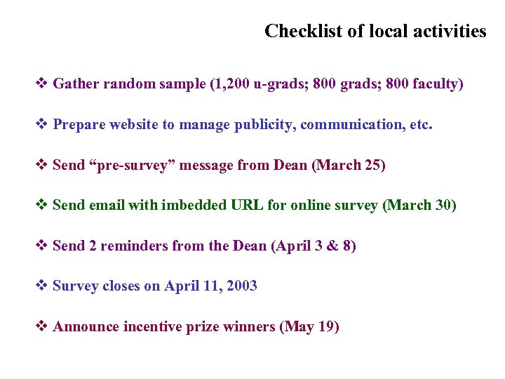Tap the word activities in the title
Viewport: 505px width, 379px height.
pos(448,32)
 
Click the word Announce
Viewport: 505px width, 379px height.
pos(85,327)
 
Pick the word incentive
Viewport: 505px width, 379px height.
pos(152,327)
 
